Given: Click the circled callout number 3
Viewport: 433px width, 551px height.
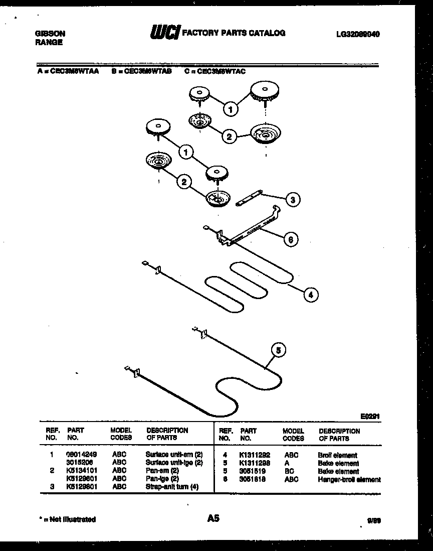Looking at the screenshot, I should (293, 199).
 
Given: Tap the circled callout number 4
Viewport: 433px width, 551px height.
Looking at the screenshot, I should (311, 295).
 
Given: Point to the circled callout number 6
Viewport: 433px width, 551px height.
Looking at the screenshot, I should (289, 239).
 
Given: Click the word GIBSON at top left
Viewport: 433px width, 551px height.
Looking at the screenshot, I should (50, 34).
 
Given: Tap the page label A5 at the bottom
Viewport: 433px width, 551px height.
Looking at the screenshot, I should (213, 518).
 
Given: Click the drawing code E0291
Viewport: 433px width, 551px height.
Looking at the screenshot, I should (370, 416).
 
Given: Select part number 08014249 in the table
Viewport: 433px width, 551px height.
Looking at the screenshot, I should (81, 454).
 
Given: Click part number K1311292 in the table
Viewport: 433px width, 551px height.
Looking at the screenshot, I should (255, 455).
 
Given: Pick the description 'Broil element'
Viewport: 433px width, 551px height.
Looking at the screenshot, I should (337, 455).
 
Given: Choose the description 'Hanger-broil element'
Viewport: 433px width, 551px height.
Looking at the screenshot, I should (349, 479).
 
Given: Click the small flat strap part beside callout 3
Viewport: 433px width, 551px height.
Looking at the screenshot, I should (249, 196).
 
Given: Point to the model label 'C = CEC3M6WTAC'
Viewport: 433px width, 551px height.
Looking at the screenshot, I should (215, 71).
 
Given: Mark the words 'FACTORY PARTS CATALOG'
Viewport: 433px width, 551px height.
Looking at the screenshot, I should (234, 33).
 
